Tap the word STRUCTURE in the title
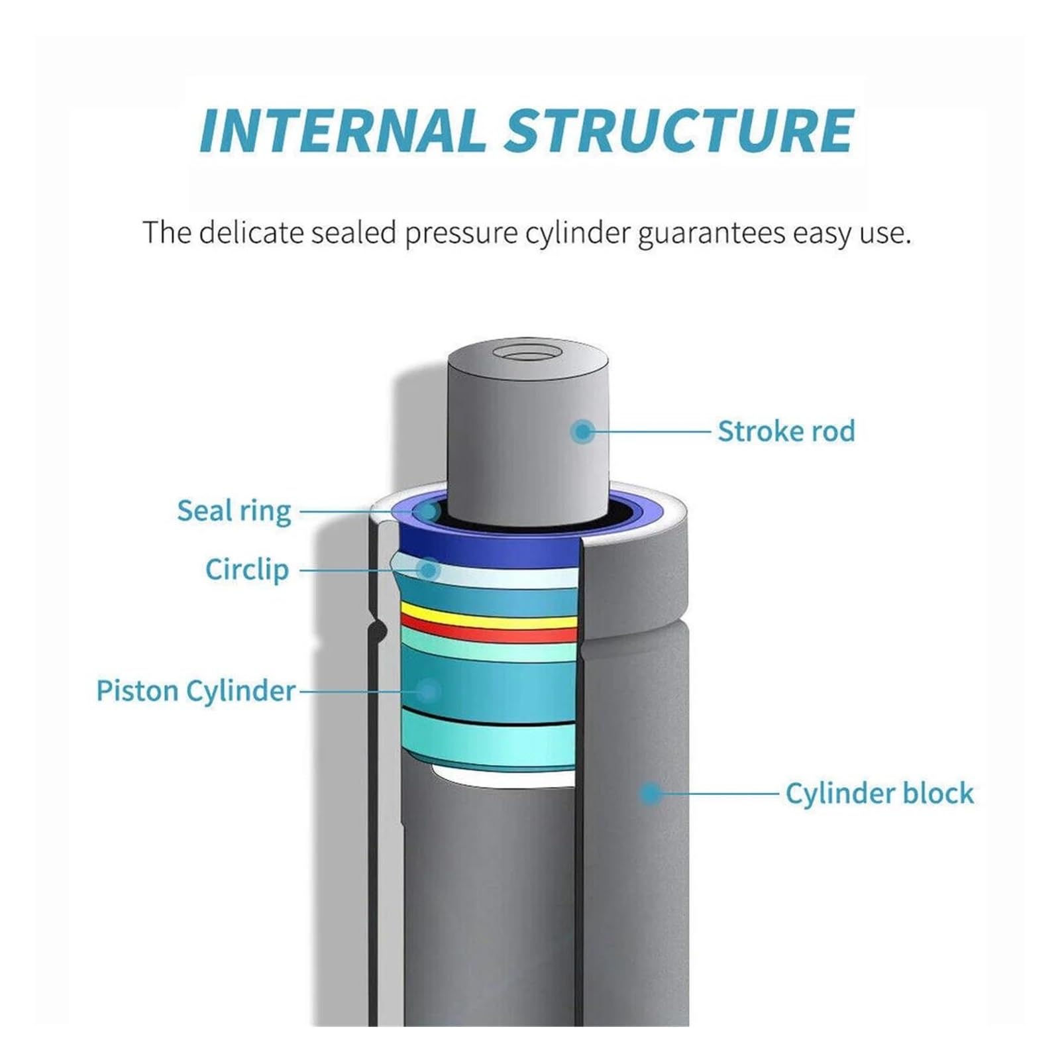pos(679,130)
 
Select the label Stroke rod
pos(786,431)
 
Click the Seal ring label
pos(234,512)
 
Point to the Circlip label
pos(247,570)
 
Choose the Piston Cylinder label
pos(195,691)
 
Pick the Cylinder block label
pos(880,793)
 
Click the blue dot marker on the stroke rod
pos(582,432)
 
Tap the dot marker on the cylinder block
pos(651,793)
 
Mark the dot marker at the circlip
pos(429,570)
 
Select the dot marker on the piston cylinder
pos(428,691)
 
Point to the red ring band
pos(489,631)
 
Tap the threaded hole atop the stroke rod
pos(528,351)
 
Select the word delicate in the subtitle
pos(254,233)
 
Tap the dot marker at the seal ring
pos(428,511)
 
